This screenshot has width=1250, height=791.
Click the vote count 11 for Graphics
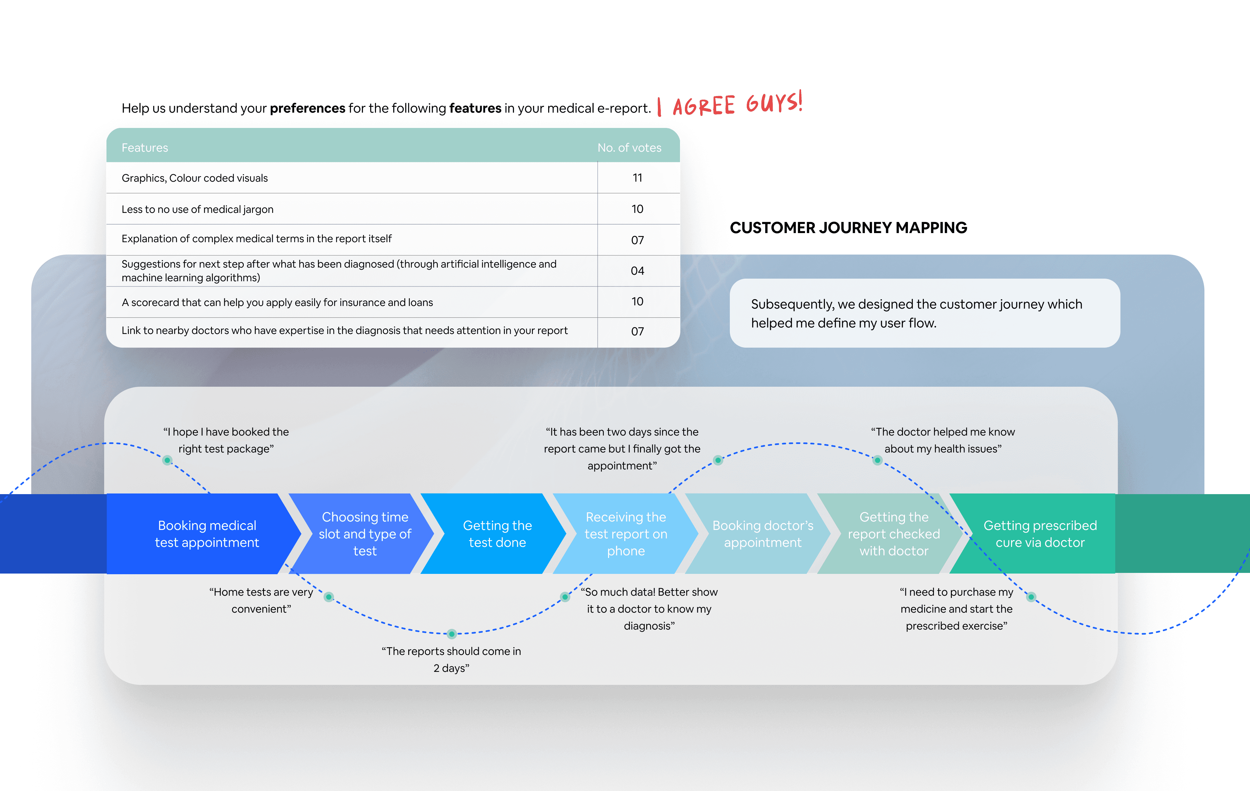tap(637, 178)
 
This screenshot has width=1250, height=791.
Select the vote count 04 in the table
tap(637, 271)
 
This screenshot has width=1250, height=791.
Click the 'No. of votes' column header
tap(629, 148)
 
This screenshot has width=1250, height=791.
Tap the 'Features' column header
tap(145, 148)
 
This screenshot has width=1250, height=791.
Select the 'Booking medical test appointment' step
tap(207, 534)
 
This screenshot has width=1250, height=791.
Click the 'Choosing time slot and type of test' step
tap(365, 534)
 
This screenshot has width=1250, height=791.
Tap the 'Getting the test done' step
tap(497, 534)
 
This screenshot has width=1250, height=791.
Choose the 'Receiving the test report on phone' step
tap(626, 534)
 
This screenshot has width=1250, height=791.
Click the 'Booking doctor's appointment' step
tap(763, 534)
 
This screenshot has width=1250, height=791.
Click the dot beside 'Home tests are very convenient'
tap(328, 597)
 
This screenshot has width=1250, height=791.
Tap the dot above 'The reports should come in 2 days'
tap(451, 634)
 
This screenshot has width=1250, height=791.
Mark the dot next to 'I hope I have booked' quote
tap(167, 460)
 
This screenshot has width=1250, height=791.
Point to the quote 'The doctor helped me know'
tap(943, 440)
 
